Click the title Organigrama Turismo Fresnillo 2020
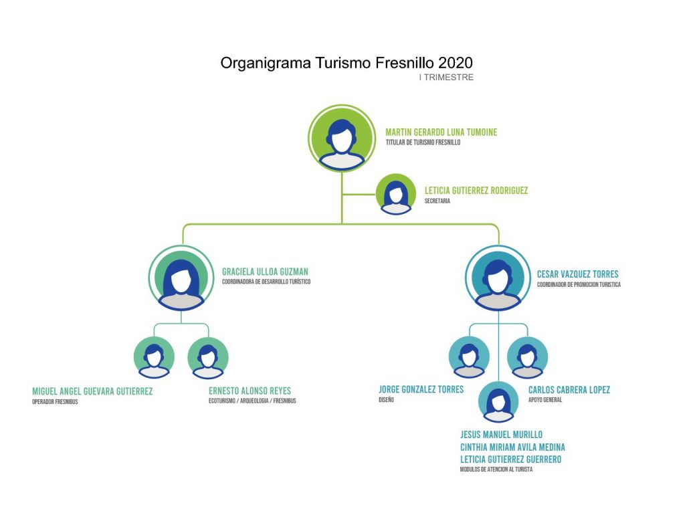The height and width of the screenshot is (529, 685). pos(347,63)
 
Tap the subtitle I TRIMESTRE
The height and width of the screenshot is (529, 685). pos(446,78)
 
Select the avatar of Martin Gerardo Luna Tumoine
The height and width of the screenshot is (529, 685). pos(341,138)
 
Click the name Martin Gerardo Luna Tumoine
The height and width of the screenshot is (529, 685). pos(441,132)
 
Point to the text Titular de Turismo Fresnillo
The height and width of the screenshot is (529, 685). pos(423,142)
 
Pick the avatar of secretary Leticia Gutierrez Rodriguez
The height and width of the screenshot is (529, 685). pos(396,194)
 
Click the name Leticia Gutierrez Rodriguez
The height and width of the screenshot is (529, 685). pos(476,191)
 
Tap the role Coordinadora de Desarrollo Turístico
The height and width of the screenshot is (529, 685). pos(266,282)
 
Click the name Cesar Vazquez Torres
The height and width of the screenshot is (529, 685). pos(577,274)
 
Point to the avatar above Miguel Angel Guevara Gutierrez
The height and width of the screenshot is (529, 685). pos(154,358)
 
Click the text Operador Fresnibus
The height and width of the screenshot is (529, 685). pos(55,402)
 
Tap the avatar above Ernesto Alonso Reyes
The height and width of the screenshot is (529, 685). pos(208,358)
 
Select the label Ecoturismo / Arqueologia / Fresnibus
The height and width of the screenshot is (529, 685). pos(252,401)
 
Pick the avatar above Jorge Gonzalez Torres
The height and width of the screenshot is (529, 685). pos(468,358)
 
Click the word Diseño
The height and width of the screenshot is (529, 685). pos(386,400)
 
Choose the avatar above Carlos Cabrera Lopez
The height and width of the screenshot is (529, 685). pos(527,358)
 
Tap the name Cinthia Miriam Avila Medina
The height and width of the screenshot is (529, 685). pos(512,447)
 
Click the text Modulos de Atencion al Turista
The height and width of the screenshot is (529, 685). pos(496,469)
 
